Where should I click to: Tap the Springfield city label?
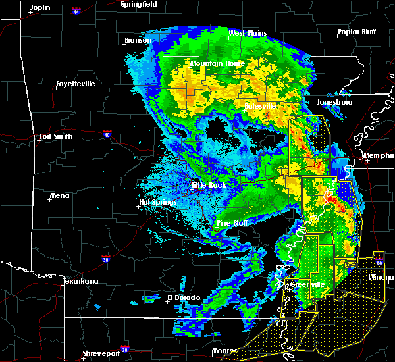[x=139, y=4]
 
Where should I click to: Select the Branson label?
[x=138, y=40]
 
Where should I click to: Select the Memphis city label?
[x=381, y=155]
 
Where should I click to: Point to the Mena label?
[x=59, y=195]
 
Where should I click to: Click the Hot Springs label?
[x=157, y=202]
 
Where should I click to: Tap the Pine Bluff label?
[x=233, y=223]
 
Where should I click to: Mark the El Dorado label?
[x=186, y=297]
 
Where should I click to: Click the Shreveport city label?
[x=101, y=354]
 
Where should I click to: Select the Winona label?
[x=381, y=277]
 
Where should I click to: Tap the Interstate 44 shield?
[x=76, y=12]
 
